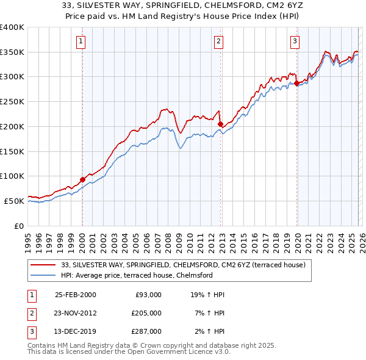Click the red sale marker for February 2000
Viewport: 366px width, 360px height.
coord(82,179)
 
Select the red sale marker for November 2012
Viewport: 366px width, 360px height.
coord(220,124)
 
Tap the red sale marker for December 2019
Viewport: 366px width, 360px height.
coord(296,83)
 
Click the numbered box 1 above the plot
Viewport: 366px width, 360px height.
coord(81,41)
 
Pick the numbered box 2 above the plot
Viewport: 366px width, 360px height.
coord(218,41)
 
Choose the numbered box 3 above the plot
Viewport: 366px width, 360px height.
coord(295,41)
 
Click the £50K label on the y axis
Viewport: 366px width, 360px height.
coord(14,201)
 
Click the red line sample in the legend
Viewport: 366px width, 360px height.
coord(43,265)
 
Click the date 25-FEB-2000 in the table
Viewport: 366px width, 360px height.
coord(75,295)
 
